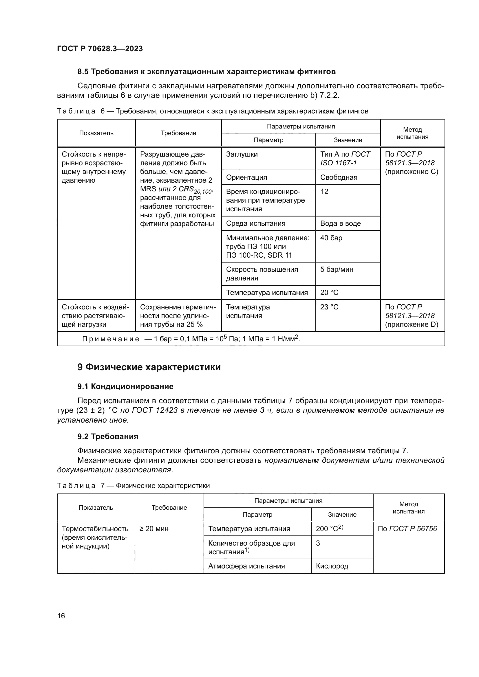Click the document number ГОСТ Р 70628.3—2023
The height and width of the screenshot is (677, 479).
[100, 49]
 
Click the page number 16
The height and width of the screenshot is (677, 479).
[61, 616]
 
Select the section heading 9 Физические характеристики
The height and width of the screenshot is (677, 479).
[149, 367]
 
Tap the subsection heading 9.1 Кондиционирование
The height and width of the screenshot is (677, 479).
[125, 386]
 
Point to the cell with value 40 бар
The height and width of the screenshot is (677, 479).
[331, 238]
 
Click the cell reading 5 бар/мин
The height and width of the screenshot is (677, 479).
[337, 269]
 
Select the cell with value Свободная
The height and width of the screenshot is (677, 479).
[339, 177]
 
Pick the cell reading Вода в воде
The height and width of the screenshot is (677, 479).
[340, 223]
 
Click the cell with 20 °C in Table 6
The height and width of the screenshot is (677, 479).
[329, 293]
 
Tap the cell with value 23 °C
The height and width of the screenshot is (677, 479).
[329, 307]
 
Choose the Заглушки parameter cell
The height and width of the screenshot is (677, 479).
[242, 155]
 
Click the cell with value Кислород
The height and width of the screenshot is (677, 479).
[332, 566]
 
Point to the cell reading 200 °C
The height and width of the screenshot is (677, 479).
[329, 529]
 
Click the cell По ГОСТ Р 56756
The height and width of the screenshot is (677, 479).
[407, 529]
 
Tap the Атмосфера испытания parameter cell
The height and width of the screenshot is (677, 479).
[246, 566]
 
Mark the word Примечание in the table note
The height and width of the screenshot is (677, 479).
[111, 339]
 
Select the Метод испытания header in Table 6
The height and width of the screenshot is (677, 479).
[412, 133]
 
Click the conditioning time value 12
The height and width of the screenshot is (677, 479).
[324, 192]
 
